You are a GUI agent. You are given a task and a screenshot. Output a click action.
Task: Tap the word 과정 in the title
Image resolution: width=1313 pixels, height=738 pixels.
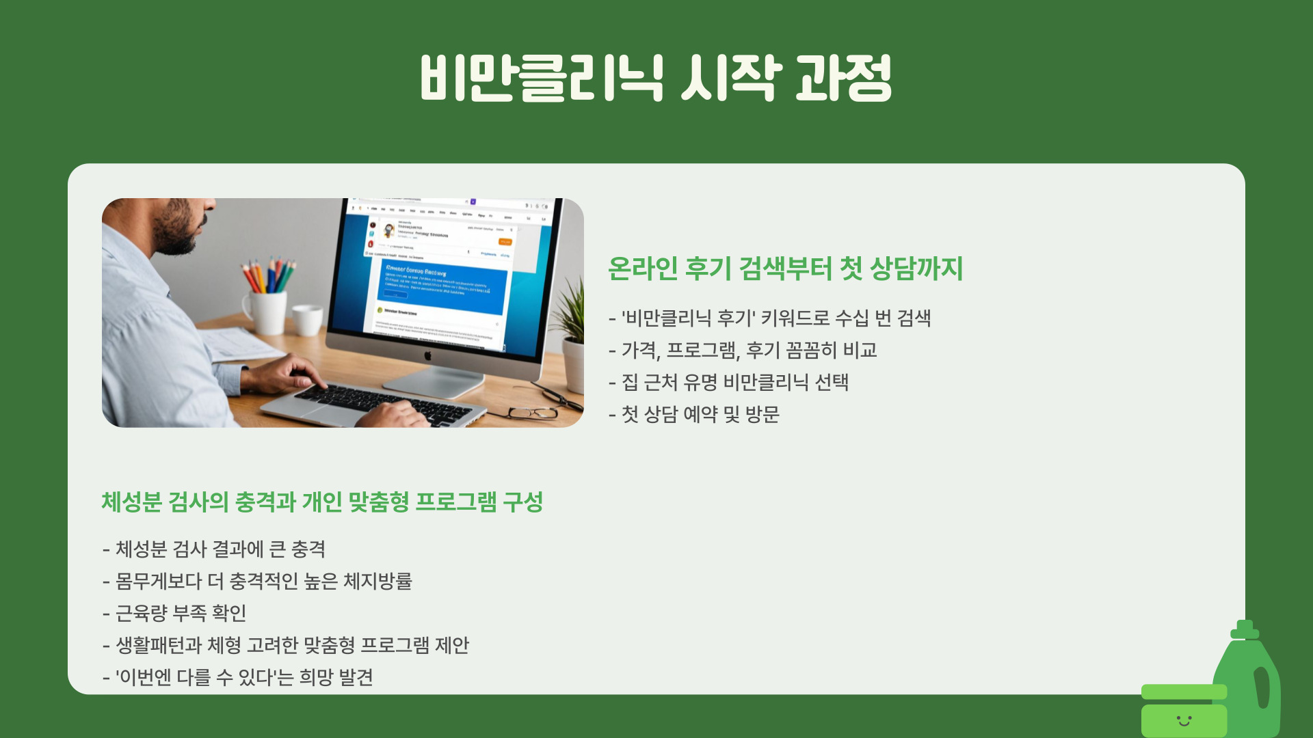pos(844,78)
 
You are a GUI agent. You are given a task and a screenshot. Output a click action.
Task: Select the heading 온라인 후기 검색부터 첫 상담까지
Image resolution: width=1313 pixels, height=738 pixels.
pos(785,268)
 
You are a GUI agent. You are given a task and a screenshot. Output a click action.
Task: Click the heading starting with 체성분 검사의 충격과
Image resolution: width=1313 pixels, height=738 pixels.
pos(322,502)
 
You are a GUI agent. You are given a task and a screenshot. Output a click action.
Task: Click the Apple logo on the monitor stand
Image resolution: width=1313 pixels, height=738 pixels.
pos(428,355)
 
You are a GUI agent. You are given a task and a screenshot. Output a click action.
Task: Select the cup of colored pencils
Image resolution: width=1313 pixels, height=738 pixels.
pos(265,301)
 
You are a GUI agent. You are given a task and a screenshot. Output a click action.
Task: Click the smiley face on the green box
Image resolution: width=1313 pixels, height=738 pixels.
pos(1184,720)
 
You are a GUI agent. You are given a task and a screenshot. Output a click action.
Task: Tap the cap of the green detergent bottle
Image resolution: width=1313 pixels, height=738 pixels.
pos(1245,629)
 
